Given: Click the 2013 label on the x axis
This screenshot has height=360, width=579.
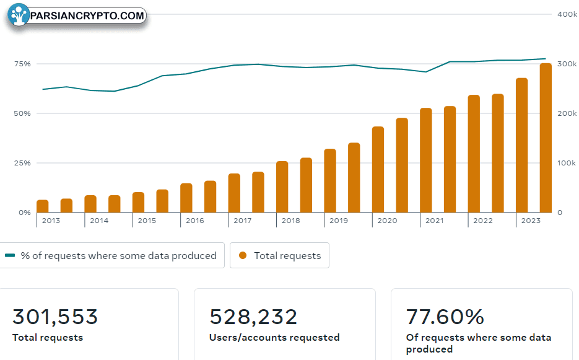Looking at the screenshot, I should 51,221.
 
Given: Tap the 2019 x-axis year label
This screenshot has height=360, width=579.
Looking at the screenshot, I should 339,221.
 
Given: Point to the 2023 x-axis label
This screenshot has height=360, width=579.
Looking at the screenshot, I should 531,221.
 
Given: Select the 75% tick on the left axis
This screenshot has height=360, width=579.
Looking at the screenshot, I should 22,64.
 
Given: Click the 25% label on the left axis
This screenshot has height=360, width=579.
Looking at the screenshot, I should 22,163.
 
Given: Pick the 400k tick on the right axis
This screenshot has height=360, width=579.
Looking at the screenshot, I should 567,14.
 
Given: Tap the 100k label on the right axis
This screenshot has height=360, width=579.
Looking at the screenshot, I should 567,163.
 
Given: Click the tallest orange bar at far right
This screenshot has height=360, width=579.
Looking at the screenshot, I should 546,138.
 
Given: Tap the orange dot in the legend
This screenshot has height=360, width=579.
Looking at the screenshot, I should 243,255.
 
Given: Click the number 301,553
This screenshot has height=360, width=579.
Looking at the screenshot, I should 55,317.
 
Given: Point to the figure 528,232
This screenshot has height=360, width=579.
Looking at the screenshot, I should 253,317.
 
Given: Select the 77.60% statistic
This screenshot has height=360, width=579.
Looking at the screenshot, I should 445,317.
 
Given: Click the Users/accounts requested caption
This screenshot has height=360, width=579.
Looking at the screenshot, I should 274,338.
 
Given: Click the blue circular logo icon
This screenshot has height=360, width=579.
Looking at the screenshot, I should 19,15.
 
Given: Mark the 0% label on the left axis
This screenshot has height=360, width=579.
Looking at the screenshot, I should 25,213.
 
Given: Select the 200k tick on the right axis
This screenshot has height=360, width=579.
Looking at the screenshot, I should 567,113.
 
